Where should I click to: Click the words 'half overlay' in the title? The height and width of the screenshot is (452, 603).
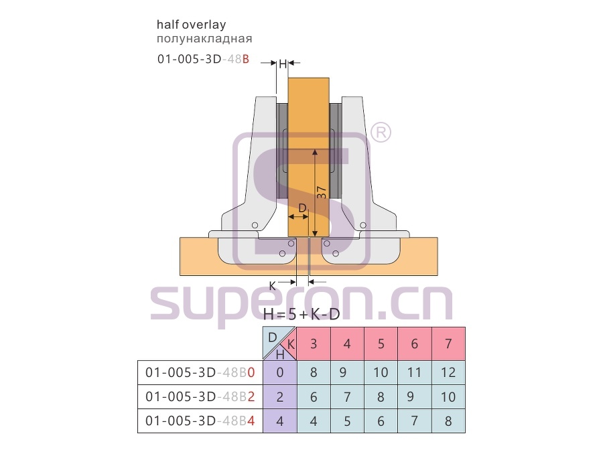[x=191, y=25]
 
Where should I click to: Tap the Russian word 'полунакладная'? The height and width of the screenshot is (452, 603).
[x=204, y=39]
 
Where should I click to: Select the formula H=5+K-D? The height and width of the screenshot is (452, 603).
[x=301, y=315]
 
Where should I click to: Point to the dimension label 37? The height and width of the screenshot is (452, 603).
[x=322, y=193]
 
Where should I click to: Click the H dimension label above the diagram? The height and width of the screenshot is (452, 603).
[x=283, y=64]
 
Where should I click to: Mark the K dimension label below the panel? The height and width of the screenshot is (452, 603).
[x=272, y=286]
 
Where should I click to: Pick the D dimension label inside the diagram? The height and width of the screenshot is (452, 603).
[x=303, y=208]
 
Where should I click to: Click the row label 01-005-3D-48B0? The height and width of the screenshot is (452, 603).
[x=200, y=372]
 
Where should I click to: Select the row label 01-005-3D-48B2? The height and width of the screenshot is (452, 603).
[x=200, y=396]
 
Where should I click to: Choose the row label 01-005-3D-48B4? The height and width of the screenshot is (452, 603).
[x=200, y=421]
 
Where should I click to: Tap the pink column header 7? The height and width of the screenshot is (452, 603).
[x=448, y=344]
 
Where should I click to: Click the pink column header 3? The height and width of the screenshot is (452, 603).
[x=314, y=344]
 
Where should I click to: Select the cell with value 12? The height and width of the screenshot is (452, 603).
[x=448, y=372]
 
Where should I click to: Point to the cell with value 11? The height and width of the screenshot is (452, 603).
[x=415, y=372]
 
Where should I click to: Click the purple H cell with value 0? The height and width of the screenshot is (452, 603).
[x=280, y=372]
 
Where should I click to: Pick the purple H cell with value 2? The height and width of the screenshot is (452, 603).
[x=280, y=396]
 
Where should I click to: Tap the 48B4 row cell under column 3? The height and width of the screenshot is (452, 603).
[x=314, y=421]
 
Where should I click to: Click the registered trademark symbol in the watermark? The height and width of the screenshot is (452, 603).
[x=381, y=132]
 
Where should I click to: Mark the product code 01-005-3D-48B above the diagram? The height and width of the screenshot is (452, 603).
[x=203, y=59]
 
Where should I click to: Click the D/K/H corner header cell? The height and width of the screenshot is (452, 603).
[x=279, y=344]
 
